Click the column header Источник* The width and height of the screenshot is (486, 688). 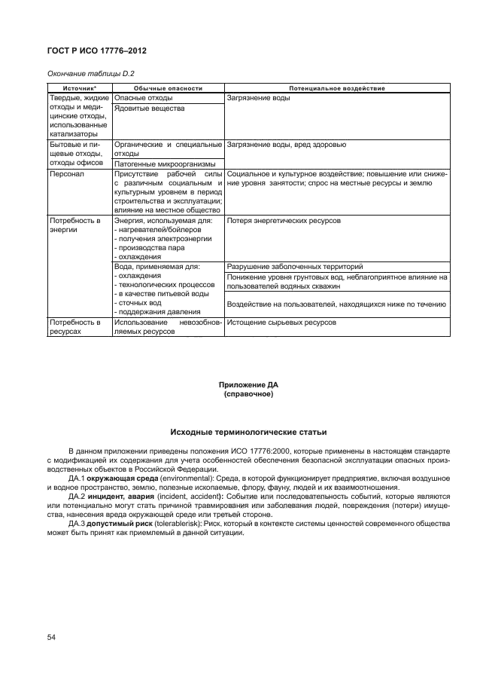(78, 88)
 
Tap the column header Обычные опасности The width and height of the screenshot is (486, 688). (168, 88)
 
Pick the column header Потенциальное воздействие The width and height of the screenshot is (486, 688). (336, 88)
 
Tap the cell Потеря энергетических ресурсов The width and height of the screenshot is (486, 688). (284, 221)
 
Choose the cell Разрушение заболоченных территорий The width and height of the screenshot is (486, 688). (295, 267)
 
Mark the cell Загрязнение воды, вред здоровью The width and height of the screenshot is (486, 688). (286, 143)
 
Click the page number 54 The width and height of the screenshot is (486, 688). (52, 638)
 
